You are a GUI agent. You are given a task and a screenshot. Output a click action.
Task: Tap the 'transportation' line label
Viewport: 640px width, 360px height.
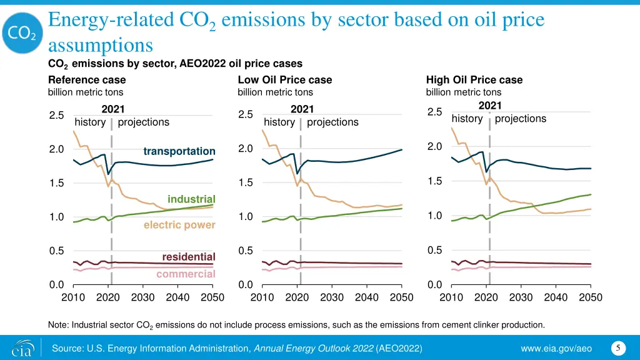point(179,152)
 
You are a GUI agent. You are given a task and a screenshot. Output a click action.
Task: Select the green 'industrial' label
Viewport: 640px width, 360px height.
point(191,199)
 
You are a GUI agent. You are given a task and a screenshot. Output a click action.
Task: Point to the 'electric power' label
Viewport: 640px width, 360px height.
point(179,225)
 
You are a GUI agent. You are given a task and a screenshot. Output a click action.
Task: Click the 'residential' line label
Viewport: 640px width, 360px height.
point(189,257)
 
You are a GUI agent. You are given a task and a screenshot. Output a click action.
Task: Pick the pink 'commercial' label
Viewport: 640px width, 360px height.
point(186,274)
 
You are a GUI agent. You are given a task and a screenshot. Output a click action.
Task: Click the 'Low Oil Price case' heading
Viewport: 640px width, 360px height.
point(285,80)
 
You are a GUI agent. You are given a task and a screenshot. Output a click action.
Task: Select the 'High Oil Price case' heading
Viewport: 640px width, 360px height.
point(474,80)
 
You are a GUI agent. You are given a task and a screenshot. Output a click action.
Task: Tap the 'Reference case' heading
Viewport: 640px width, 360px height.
point(87,80)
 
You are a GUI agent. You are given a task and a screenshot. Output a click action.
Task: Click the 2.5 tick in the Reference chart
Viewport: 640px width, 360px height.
point(56,115)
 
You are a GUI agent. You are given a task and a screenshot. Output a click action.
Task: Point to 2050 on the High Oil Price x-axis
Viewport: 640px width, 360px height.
point(591,297)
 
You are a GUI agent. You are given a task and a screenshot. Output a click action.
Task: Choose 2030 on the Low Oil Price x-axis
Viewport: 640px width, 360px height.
point(332,297)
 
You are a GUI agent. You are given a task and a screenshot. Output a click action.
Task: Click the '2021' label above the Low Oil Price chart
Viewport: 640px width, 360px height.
point(302,109)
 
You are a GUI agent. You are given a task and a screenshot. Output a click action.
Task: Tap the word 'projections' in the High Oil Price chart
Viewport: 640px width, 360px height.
point(520,119)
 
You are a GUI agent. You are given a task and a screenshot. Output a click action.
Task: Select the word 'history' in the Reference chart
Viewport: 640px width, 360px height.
point(90,122)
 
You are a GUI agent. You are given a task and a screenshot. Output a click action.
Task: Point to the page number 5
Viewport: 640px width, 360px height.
point(617,347)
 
